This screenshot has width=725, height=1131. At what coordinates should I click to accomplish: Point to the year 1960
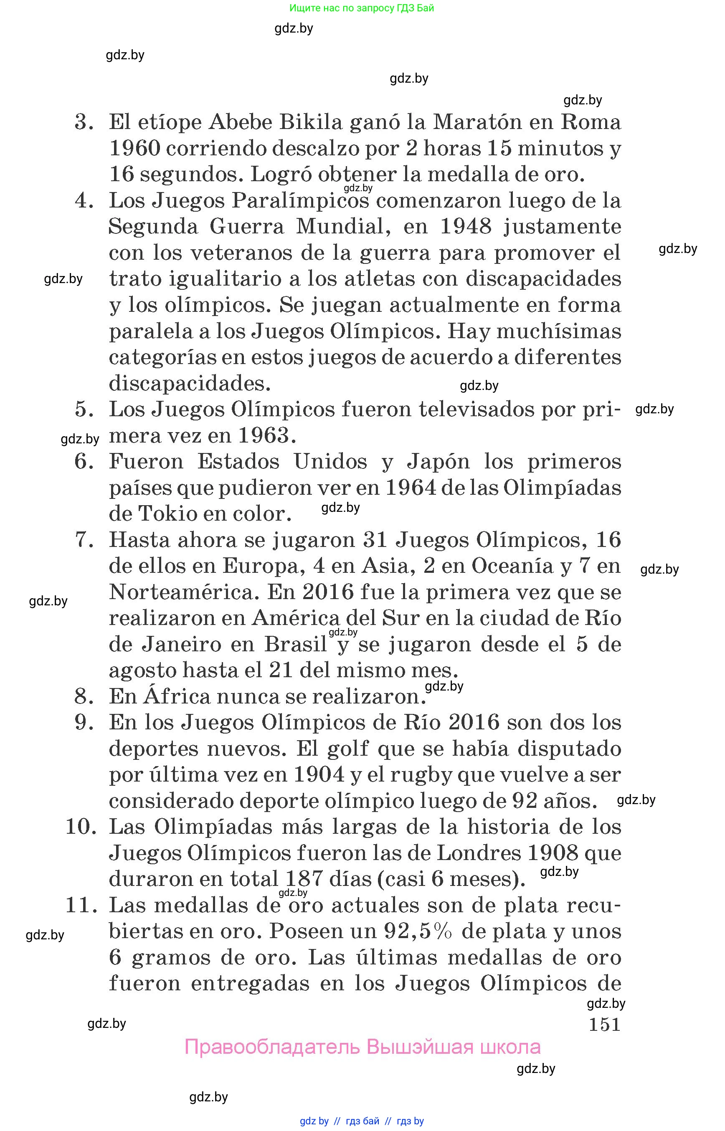(134, 149)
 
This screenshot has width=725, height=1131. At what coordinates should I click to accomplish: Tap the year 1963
(263, 435)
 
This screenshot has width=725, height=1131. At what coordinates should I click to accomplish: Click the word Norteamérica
(184, 592)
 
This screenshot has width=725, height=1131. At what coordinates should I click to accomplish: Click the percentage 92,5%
(418, 931)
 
